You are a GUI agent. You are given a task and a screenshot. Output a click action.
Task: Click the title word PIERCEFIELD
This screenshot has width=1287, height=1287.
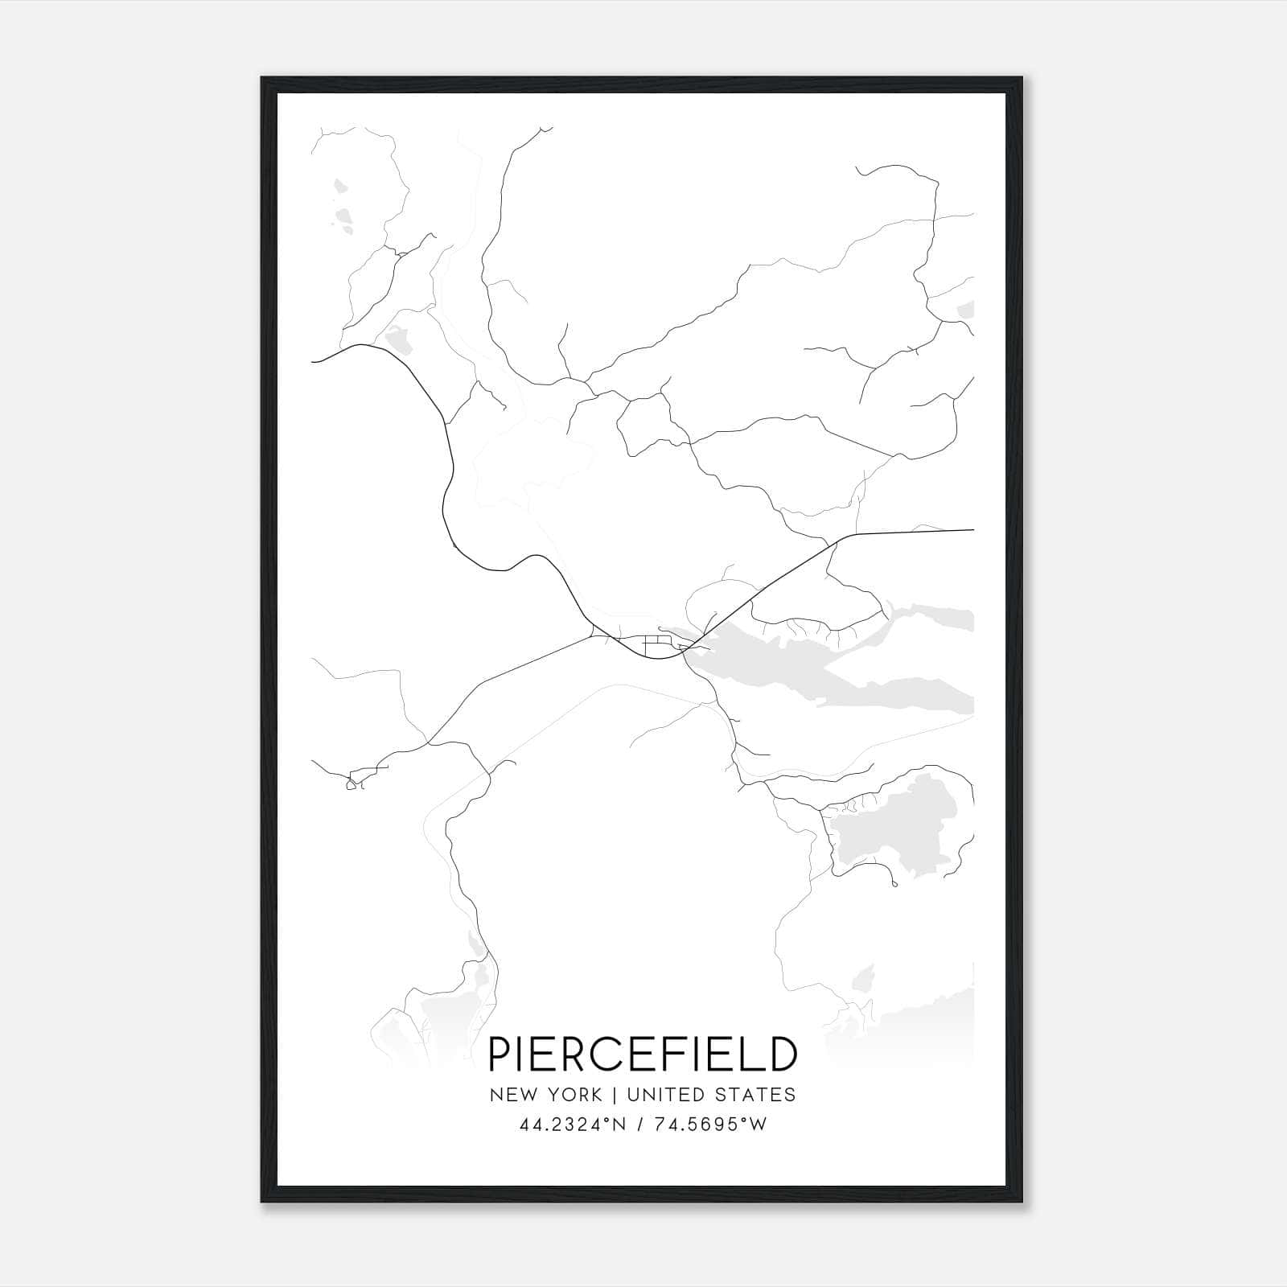(x=643, y=1055)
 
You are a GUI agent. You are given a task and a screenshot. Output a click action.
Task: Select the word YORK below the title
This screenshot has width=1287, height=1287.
(x=574, y=1095)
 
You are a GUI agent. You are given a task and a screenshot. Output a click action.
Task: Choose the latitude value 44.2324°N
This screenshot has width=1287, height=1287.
(x=572, y=1125)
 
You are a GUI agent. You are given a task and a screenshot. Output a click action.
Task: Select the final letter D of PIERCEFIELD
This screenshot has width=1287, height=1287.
(x=782, y=1055)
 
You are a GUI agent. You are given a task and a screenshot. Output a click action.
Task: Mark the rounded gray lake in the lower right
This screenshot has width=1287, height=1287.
(x=893, y=829)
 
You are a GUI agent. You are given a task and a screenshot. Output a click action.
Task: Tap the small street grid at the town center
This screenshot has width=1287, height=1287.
(x=656, y=643)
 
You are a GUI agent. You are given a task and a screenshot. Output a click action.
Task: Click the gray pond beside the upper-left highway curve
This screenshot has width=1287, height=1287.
(x=399, y=340)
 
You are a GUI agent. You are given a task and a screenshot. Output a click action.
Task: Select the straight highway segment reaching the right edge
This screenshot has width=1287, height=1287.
(x=909, y=532)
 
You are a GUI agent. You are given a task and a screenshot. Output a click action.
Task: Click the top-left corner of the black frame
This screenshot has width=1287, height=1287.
(x=263, y=79)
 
